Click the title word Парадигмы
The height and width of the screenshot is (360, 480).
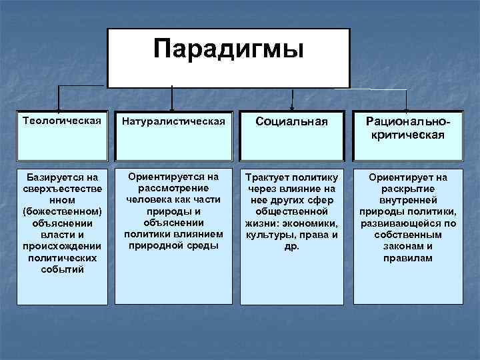point(228,49)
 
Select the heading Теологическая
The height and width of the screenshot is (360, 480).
point(62,121)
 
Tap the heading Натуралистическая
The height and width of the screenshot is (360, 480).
point(172,121)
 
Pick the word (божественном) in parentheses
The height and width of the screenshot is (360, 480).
point(62,211)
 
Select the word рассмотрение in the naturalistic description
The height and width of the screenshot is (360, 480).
point(172,188)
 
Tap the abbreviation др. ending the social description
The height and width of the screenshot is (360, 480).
point(292,245)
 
